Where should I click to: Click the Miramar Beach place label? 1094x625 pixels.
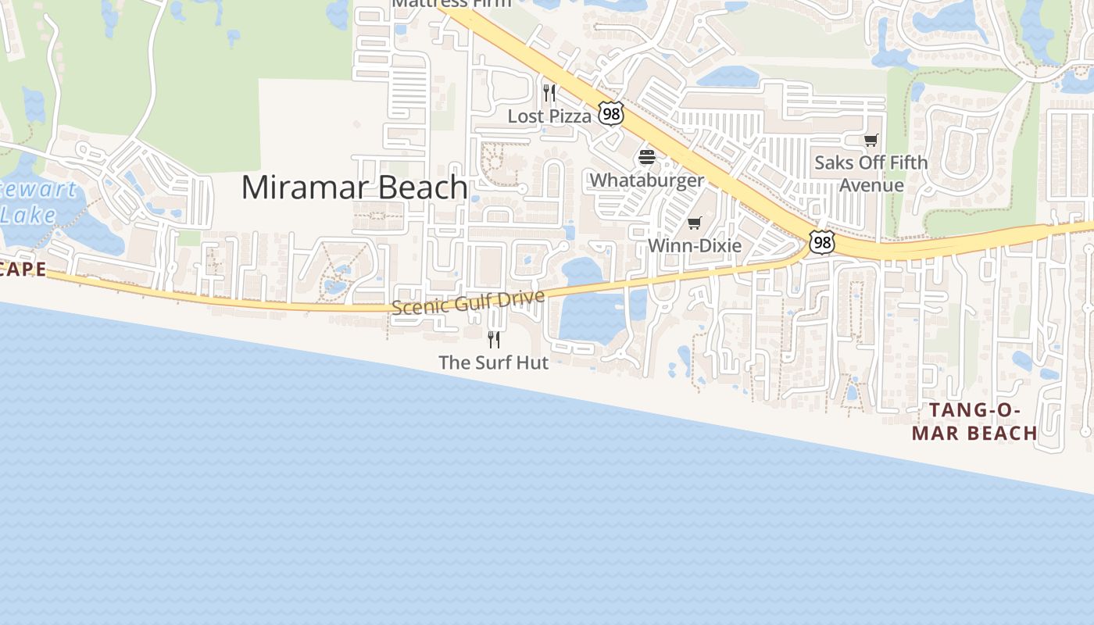pyautogui.click(x=354, y=187)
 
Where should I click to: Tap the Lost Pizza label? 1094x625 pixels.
pyautogui.click(x=549, y=116)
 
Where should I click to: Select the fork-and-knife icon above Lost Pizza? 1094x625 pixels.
pyautogui.click(x=549, y=93)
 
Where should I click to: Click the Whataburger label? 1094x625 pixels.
pyautogui.click(x=646, y=180)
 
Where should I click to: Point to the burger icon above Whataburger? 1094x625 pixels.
pyautogui.click(x=646, y=157)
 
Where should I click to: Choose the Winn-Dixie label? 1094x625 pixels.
pyautogui.click(x=694, y=245)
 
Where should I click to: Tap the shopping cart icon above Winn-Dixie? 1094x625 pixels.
pyautogui.click(x=694, y=223)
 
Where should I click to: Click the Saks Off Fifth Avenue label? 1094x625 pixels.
pyautogui.click(x=871, y=173)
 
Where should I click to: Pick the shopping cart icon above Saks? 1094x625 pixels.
pyautogui.click(x=871, y=141)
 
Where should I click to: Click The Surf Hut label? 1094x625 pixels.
pyautogui.click(x=493, y=362)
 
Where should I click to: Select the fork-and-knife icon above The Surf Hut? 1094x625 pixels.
pyautogui.click(x=493, y=339)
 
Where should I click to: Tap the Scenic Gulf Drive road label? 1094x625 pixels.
pyautogui.click(x=467, y=302)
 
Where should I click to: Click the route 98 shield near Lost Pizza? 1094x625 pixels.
pyautogui.click(x=611, y=114)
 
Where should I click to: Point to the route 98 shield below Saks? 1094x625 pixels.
pyautogui.click(x=820, y=242)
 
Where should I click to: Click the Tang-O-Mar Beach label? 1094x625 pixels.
pyautogui.click(x=974, y=421)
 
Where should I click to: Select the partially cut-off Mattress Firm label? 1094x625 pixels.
pyautogui.click(x=451, y=3)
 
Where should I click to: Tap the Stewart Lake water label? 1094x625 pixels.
pyautogui.click(x=35, y=202)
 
